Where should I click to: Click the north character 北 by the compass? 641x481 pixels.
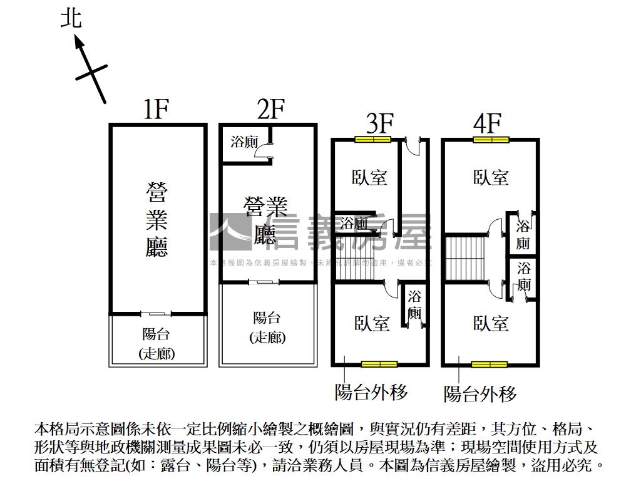coord(71,18)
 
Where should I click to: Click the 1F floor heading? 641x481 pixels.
coord(156,110)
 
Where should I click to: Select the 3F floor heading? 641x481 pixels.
coord(379,123)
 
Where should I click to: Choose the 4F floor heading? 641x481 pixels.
coord(488,123)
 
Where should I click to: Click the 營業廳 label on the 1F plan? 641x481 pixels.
coord(156,219)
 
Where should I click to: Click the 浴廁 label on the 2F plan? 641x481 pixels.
coord(244,142)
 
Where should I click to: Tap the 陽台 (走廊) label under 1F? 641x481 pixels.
coord(156,344)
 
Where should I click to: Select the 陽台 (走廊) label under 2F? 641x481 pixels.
coord(267,327)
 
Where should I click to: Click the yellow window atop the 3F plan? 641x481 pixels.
coord(372,139)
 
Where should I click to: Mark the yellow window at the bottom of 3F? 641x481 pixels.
coord(379,364)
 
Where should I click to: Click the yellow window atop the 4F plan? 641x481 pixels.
coord(491,139)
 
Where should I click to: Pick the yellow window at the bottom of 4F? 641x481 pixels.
coord(490,364)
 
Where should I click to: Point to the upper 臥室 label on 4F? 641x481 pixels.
coord(491,178)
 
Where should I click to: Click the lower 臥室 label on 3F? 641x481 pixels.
coord(372,324)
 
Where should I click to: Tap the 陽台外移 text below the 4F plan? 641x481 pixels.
coord(480,394)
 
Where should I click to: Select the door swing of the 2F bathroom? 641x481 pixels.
coord(266,152)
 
